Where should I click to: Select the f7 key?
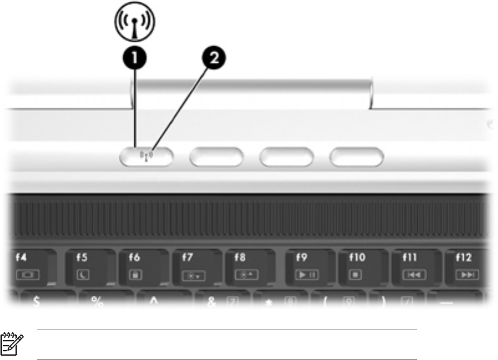196,266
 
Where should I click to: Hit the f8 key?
249,266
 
